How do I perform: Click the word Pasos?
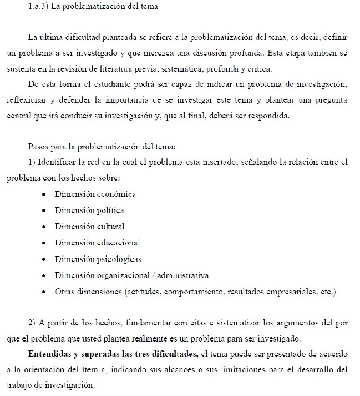tap(38, 147)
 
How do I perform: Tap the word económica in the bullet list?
tap(116, 194)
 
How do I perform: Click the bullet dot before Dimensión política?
tap(44, 211)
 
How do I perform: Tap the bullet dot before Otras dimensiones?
tap(44, 292)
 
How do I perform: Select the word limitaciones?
tap(237, 370)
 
